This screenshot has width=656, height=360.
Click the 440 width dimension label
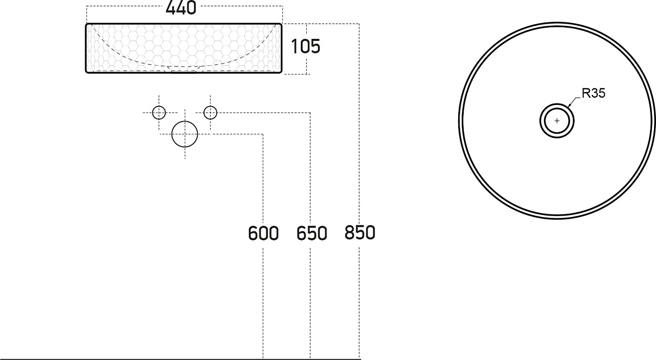pos(181,8)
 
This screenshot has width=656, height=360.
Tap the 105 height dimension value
pos(305,46)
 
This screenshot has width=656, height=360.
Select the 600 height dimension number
pos(263,233)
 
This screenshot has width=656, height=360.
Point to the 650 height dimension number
pos(312,233)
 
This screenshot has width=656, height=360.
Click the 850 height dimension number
pos(360,233)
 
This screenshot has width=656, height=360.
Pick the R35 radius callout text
pos(593,93)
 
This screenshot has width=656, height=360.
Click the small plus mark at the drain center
pos(557,121)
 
